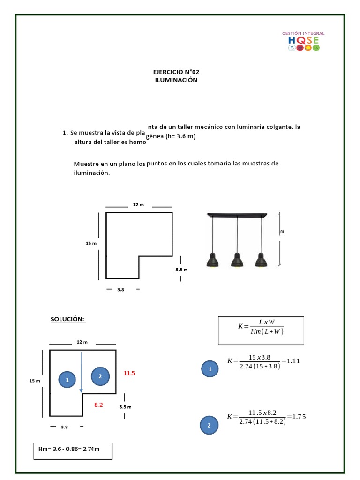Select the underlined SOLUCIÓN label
coord(67,319)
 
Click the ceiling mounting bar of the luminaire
coord(237,215)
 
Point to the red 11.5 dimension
coord(129,374)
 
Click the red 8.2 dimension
coord(98,404)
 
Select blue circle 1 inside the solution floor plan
coord(67,379)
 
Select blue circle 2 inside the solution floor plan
coord(100,376)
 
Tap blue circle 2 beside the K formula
coord(209,426)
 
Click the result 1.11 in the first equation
coord(293,361)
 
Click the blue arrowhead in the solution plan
coord(81,390)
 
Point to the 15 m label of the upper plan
coord(91,243)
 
